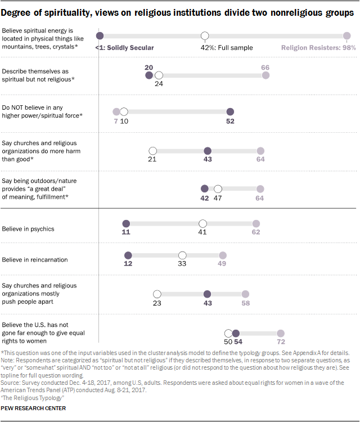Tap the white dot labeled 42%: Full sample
[205, 36]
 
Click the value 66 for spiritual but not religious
[265, 67]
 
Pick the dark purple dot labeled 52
[230, 111]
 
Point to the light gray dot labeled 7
[116, 111]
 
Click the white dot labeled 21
[152, 151]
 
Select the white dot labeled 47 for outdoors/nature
[218, 188]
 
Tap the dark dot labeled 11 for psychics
[126, 223]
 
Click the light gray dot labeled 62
[256, 223]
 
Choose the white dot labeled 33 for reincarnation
[182, 255]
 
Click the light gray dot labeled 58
[245, 294]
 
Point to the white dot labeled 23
[157, 294]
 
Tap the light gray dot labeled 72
[281, 333]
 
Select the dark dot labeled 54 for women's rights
[236, 333]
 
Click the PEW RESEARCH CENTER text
[34, 408]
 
